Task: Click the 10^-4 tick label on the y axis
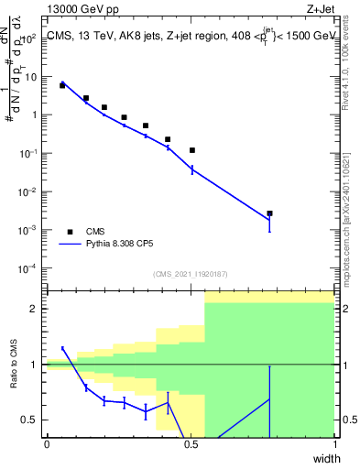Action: click(x=30, y=268)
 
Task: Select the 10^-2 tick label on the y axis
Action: click(x=30, y=192)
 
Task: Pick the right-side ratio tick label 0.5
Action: click(x=348, y=420)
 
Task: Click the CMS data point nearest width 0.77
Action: click(x=269, y=213)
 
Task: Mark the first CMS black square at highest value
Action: click(x=62, y=85)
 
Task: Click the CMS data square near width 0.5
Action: click(x=192, y=150)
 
